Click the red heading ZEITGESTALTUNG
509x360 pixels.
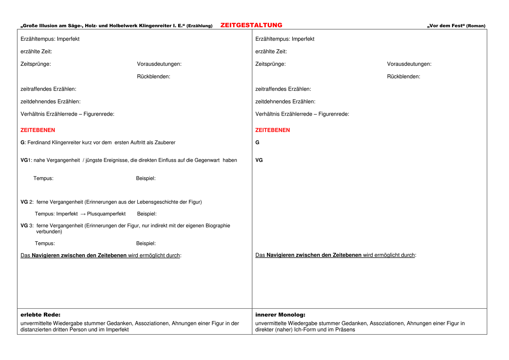(251, 25)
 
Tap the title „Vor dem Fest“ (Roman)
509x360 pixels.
(456, 26)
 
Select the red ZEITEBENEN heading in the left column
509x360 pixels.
(38, 130)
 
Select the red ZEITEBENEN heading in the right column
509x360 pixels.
(272, 130)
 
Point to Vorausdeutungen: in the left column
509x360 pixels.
(159, 64)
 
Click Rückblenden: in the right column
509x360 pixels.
(403, 77)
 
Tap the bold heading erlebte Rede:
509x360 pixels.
(40, 315)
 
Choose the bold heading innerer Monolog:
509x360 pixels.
(280, 315)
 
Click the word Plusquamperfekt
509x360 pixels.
(106, 214)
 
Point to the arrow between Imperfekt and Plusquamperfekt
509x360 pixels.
(83, 214)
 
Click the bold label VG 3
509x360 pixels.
(26, 226)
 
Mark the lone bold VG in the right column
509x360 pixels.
(259, 160)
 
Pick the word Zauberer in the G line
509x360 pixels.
(165, 143)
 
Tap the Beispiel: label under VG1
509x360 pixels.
(146, 178)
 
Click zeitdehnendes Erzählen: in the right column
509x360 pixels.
(285, 101)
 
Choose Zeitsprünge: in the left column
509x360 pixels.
(36, 64)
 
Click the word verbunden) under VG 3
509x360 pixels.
(49, 232)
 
